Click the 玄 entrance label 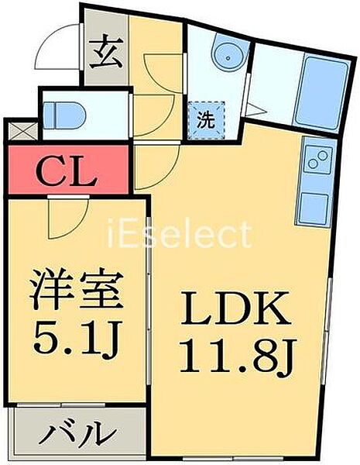click(106, 51)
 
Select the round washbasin click(228, 56)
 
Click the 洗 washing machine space click(206, 120)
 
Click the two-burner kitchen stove click(318, 160)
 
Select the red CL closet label click(67, 170)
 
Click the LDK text click(235, 308)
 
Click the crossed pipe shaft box click(22, 130)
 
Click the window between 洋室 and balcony click(61, 405)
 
